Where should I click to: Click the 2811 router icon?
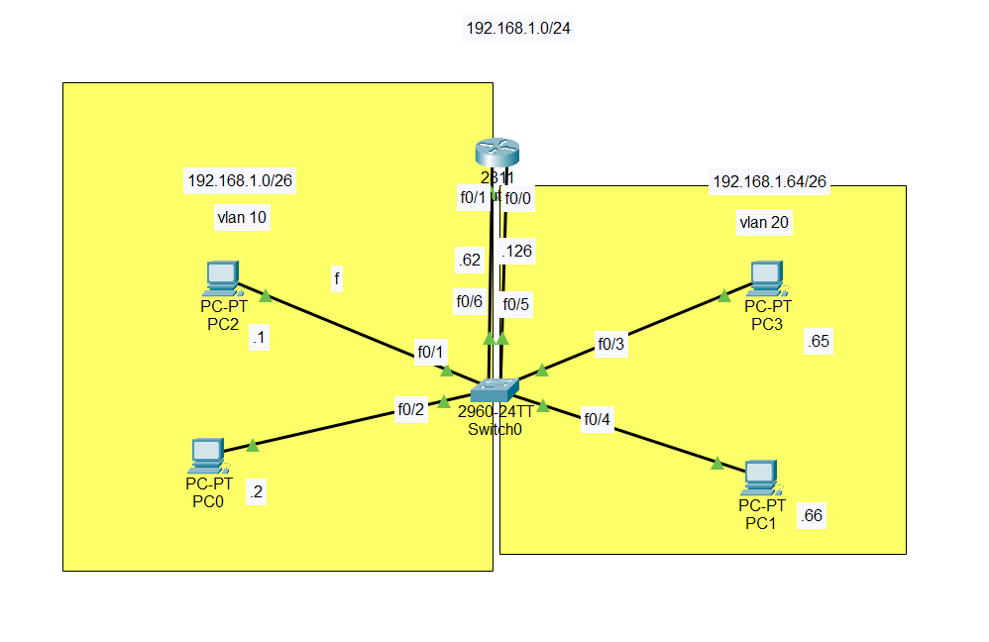pos(496,153)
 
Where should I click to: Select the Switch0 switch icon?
pos(495,388)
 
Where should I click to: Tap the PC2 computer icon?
pos(221,279)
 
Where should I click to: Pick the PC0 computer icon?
pos(208,456)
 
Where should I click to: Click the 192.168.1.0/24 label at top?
pos(518,28)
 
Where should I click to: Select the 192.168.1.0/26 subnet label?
pos(241,180)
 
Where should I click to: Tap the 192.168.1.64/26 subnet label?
pos(769,182)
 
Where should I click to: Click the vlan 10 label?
pos(241,218)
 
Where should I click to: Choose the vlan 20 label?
pos(764,223)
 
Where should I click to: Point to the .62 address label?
pos(469,261)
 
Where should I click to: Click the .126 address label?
pos(517,251)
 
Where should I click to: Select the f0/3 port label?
pos(610,344)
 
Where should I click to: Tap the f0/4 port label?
pos(598,420)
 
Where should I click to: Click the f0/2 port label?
pos(411,408)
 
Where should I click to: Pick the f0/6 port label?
pos(469,301)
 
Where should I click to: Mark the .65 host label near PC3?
pos(819,342)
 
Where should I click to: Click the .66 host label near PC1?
pos(812,515)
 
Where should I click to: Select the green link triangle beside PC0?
pos(252,446)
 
